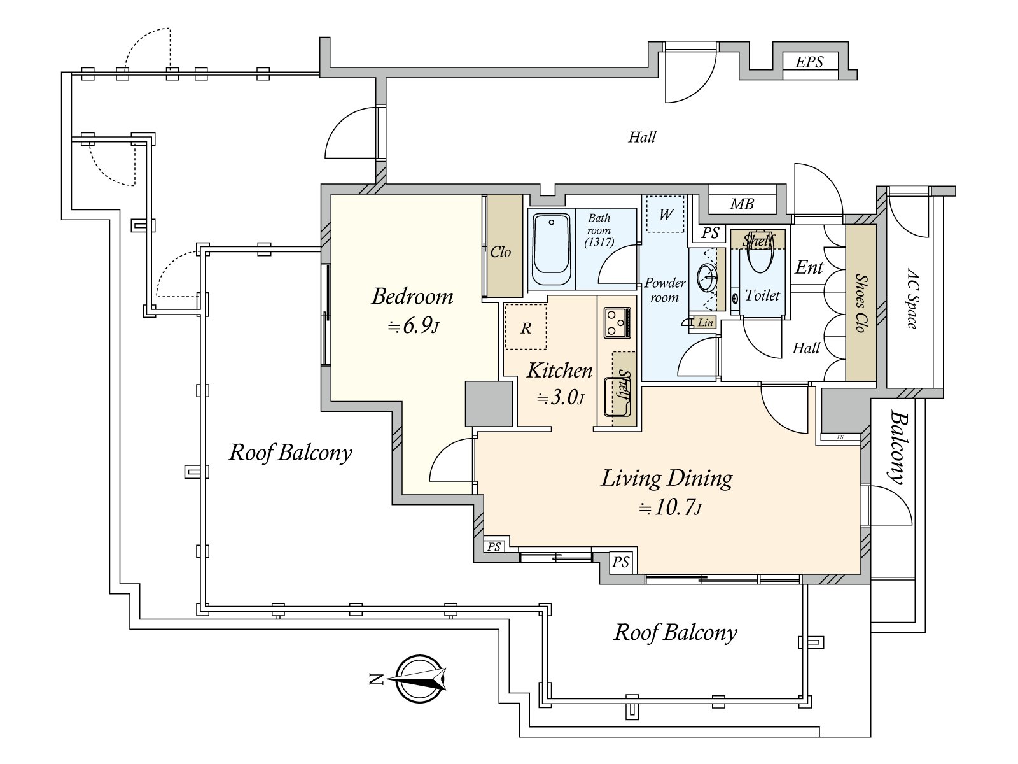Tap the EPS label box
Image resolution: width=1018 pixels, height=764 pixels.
tap(809, 62)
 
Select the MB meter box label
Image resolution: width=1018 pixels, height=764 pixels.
tap(741, 204)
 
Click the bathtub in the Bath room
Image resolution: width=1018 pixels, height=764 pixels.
tap(552, 250)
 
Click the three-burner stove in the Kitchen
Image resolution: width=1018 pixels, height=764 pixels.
tap(617, 322)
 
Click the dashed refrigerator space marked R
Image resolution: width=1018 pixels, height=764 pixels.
tap(526, 327)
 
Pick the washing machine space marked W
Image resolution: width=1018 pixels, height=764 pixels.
tap(666, 214)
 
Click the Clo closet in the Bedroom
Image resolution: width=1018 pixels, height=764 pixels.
tap(502, 246)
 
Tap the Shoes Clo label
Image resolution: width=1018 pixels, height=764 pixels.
tap(861, 303)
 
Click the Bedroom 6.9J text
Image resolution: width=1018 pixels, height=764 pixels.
tap(413, 310)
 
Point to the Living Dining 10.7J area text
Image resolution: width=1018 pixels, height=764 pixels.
tap(667, 491)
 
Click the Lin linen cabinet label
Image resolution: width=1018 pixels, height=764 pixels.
tap(705, 323)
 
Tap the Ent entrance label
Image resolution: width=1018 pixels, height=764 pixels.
tap(809, 267)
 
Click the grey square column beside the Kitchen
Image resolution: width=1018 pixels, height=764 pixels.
tap(489, 404)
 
